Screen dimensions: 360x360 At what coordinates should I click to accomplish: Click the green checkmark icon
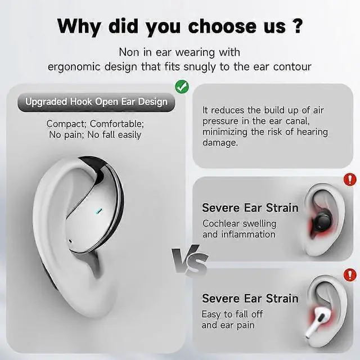pos(181,86)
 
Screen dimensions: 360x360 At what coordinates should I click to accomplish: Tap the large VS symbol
pos(190,261)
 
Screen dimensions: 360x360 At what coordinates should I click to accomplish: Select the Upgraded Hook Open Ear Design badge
pos(96,102)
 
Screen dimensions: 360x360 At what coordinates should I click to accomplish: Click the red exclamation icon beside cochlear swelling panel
pos(349,181)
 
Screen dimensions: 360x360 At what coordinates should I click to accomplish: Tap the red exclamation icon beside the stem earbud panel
pos(349,275)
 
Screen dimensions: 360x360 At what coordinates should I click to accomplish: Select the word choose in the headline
pos(224,26)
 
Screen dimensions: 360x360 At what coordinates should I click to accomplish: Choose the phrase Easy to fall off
pos(232,314)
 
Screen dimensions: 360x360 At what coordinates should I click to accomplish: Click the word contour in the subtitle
pos(292,66)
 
